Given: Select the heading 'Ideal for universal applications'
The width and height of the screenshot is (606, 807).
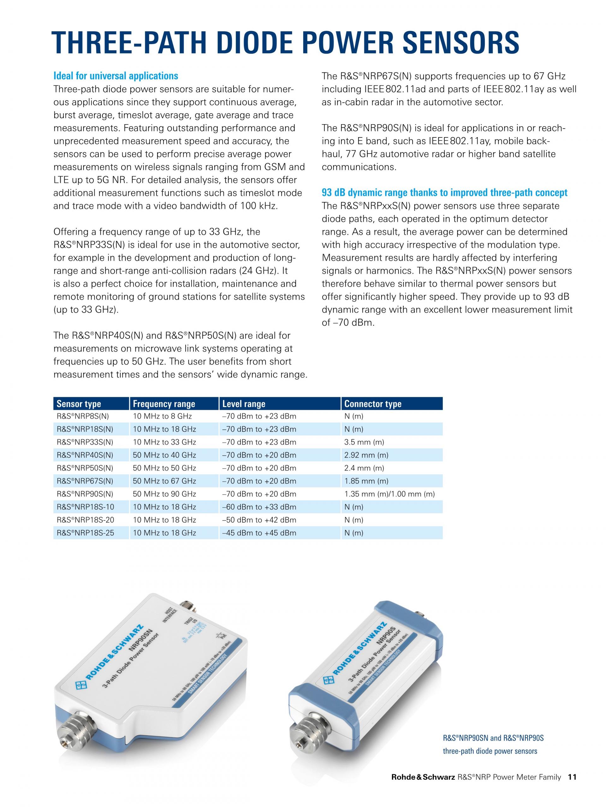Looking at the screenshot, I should point(116,76).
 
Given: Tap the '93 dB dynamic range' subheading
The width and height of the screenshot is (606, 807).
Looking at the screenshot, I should point(444,193).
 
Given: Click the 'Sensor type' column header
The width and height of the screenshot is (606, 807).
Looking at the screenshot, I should point(79,404).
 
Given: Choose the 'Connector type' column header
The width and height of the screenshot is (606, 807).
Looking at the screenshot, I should point(372,404).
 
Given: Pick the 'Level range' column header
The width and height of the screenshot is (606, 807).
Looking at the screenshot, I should point(244,404).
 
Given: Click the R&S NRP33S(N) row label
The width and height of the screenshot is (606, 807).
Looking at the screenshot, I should point(85,442).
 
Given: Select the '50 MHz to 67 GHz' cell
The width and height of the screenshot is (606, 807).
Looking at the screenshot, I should point(164,481).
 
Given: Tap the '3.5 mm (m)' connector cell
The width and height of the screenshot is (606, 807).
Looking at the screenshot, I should point(364,442).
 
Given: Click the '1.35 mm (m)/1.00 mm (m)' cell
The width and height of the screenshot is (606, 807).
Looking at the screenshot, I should point(389,494).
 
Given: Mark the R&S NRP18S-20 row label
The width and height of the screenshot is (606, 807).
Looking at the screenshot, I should point(85,520).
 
